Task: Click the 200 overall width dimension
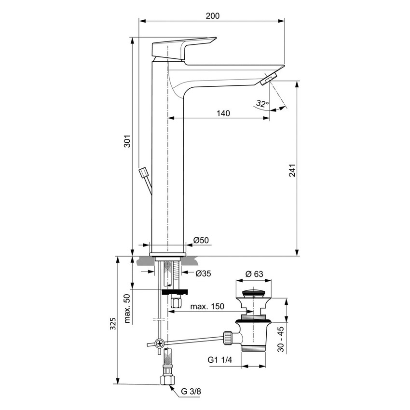click(x=212, y=16)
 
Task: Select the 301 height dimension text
click(x=127, y=141)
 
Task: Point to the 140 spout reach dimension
click(x=223, y=113)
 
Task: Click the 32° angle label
click(x=262, y=103)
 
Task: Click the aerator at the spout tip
click(x=269, y=78)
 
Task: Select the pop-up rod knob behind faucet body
click(x=144, y=173)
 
